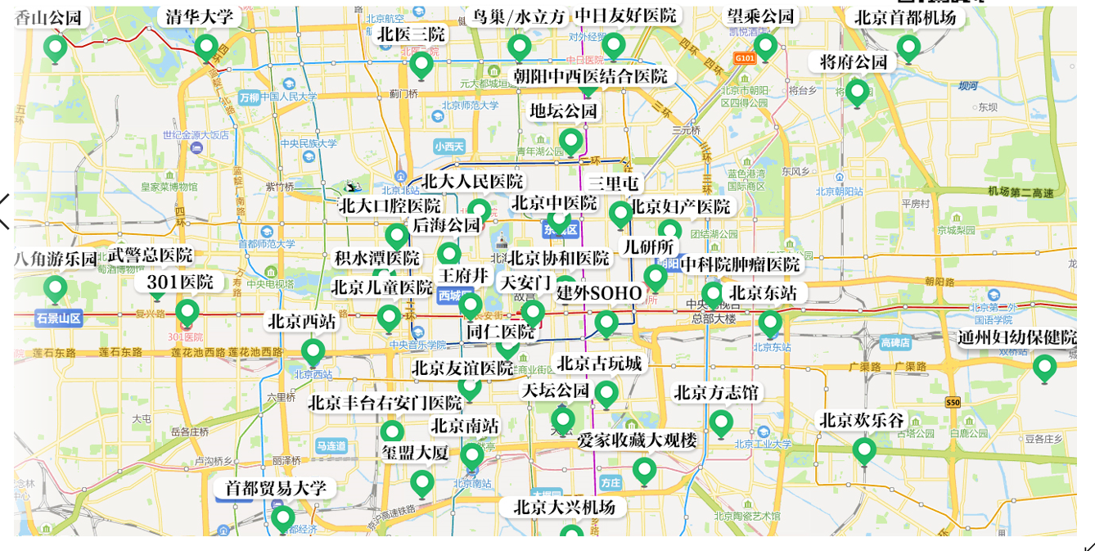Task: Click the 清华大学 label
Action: [200, 16]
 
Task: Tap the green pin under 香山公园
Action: [55, 48]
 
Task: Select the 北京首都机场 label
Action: [905, 17]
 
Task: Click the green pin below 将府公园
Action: [857, 92]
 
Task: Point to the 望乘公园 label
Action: [760, 16]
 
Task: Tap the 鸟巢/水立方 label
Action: [519, 17]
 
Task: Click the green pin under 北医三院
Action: [421, 64]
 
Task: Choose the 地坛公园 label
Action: [563, 111]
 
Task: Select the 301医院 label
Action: [180, 282]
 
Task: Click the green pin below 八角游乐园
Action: [55, 288]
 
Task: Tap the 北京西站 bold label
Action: [302, 322]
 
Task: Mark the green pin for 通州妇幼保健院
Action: [1044, 368]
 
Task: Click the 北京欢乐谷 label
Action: [862, 420]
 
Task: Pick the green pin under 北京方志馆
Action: [721, 422]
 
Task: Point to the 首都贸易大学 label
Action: [276, 489]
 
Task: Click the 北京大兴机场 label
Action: [564, 507]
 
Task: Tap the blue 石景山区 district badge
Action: [59, 318]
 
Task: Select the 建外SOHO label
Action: [599, 292]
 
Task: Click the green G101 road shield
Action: [744, 58]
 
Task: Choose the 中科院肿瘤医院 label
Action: [740, 264]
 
